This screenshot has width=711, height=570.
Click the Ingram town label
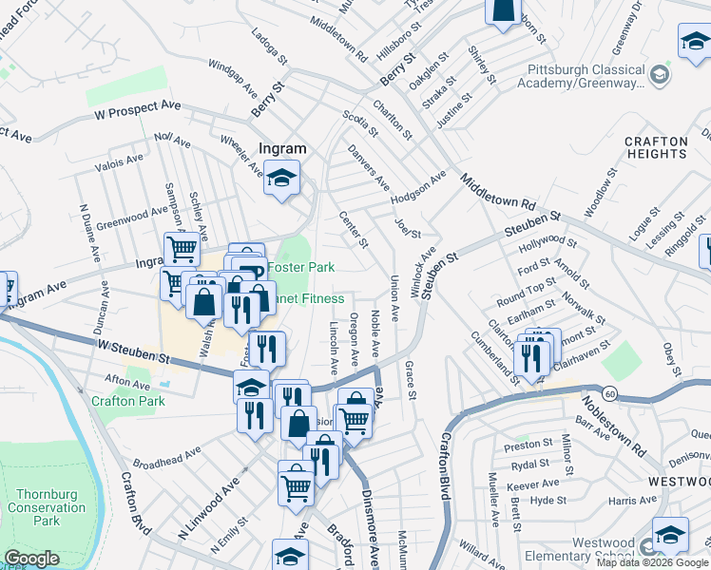(283, 148)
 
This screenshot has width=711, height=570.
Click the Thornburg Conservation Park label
(47, 508)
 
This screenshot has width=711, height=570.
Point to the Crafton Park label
(128, 401)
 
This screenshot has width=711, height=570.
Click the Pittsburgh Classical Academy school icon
(658, 74)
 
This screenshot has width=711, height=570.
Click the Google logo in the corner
(30, 559)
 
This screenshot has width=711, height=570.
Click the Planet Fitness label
(309, 298)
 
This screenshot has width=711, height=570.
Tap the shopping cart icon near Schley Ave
(182, 249)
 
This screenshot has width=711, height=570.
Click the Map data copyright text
(652, 562)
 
